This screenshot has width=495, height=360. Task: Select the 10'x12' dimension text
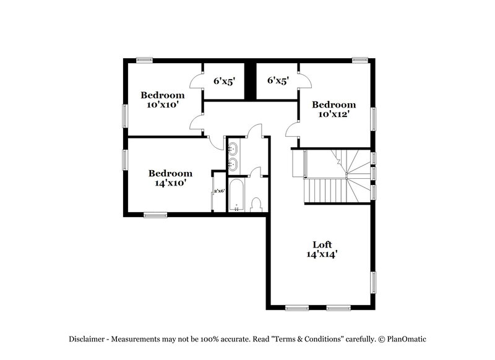click(x=334, y=114)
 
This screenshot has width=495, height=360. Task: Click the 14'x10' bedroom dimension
click(x=170, y=183)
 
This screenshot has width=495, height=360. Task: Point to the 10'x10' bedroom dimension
click(x=162, y=105)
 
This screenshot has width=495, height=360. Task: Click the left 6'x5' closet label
click(x=225, y=80)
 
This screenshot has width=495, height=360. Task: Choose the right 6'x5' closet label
click(x=278, y=80)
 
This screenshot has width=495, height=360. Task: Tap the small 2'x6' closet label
click(x=218, y=192)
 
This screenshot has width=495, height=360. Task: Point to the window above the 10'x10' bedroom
click(x=144, y=59)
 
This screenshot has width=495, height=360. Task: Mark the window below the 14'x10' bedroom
click(x=155, y=215)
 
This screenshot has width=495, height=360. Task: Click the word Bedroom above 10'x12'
click(x=334, y=105)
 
